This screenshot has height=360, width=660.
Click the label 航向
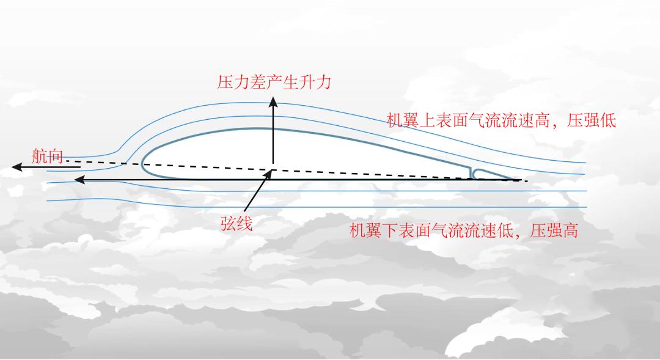coord(48,156)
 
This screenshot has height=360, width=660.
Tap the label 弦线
coord(236,224)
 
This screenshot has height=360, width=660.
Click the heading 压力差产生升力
coord(274,82)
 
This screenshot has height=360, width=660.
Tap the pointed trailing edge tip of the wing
coord(519,180)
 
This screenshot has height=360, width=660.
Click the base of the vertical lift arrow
coord(273,169)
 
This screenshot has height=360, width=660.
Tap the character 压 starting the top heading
coord(226,82)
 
